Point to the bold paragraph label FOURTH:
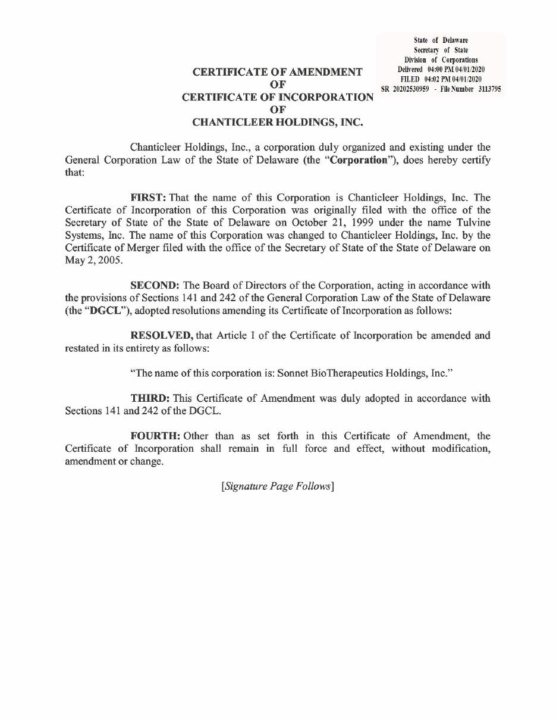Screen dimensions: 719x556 155,436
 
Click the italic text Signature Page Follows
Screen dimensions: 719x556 277,486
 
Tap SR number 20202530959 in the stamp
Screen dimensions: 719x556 411,89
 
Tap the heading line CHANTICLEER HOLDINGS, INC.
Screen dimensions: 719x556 277,122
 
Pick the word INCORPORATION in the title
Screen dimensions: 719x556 321,97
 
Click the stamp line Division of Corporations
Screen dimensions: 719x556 441,60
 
